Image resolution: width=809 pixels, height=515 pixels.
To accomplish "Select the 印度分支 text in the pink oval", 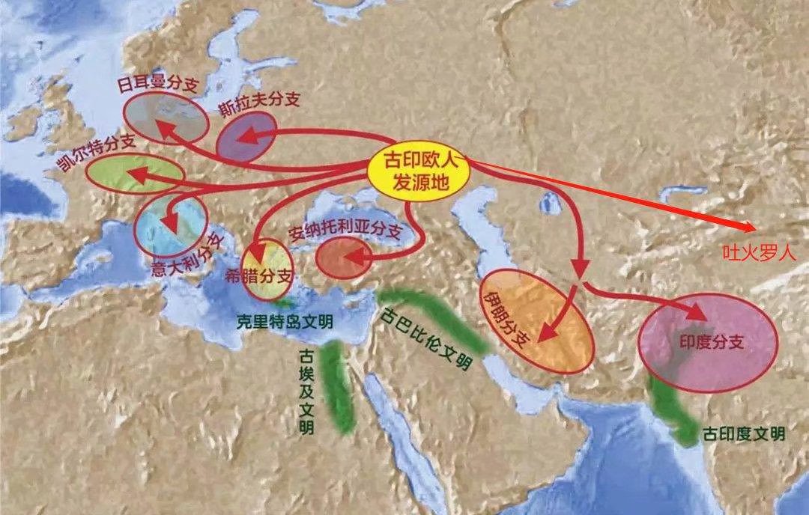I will (x=712, y=341).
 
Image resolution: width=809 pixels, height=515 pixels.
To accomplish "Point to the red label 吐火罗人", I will (x=763, y=255).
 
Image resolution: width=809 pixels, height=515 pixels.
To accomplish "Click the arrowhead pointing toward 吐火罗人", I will (x=749, y=227).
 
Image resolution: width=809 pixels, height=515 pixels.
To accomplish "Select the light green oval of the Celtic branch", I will (x=135, y=174).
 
